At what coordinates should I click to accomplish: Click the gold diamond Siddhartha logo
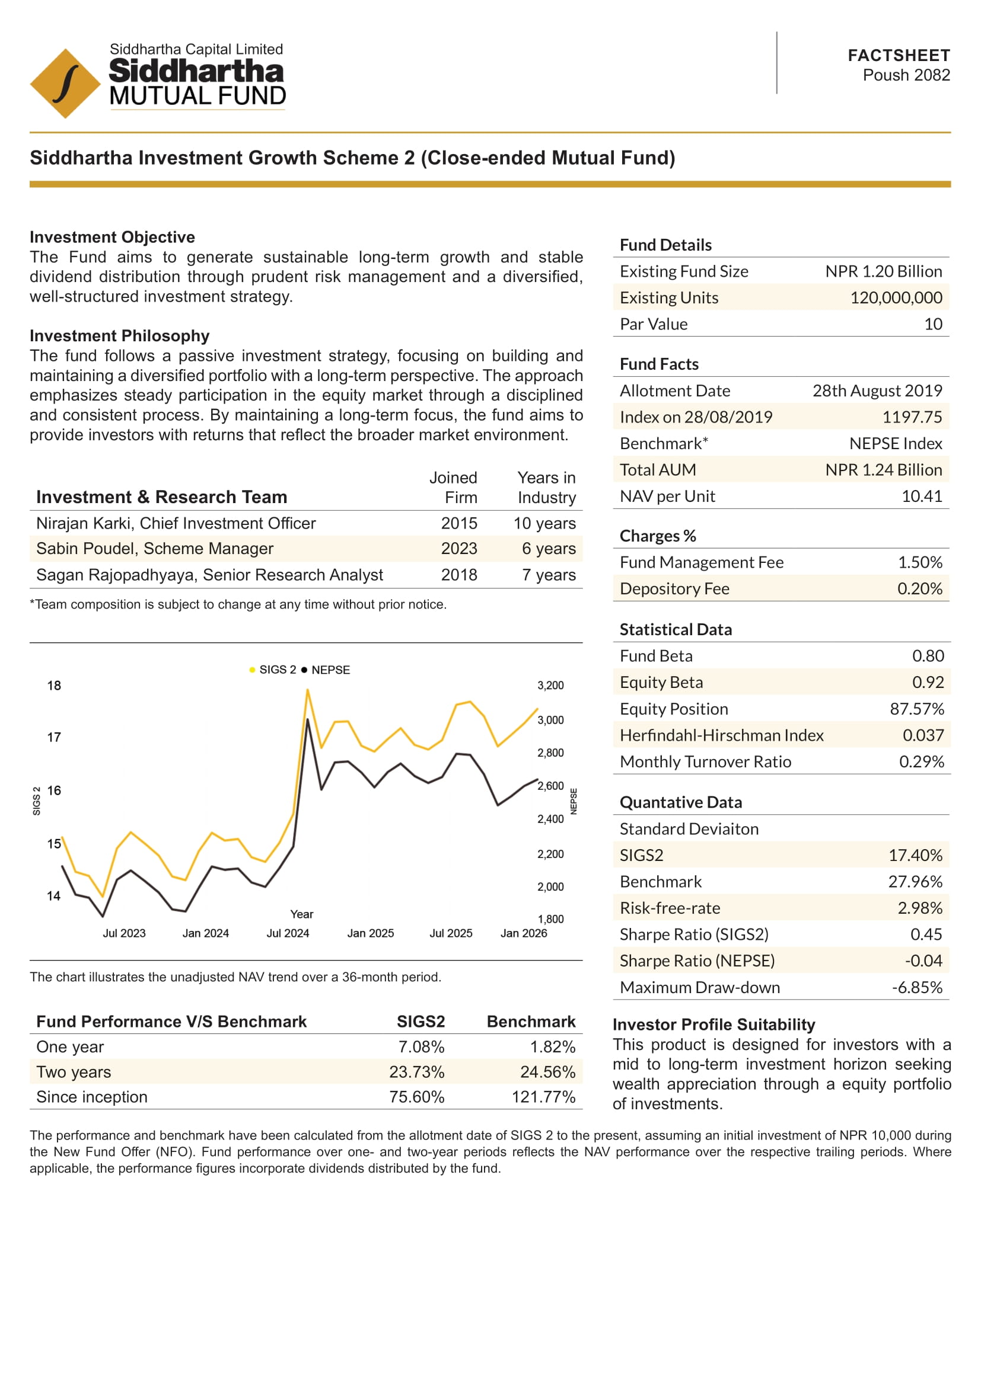[x=65, y=84]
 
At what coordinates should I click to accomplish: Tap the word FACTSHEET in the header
[x=899, y=56]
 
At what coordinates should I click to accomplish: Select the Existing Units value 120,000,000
[x=896, y=297]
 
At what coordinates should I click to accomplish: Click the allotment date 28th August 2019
[x=877, y=390]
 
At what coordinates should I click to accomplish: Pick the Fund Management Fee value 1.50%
[x=919, y=562]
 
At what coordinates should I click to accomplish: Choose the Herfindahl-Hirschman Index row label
[x=721, y=735]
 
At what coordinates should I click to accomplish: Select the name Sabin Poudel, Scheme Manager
[x=155, y=549]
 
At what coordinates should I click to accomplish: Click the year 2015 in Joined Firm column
[x=458, y=523]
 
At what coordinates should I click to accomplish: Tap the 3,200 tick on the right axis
[x=550, y=685]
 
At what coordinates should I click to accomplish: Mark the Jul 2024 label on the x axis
[x=288, y=933]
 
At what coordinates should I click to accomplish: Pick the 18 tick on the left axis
[x=54, y=685]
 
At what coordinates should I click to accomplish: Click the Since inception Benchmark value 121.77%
[x=543, y=1097]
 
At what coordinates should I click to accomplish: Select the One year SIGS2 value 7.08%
[x=421, y=1046]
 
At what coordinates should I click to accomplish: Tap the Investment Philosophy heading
[x=120, y=335]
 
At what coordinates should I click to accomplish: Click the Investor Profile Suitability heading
[x=714, y=1025]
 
